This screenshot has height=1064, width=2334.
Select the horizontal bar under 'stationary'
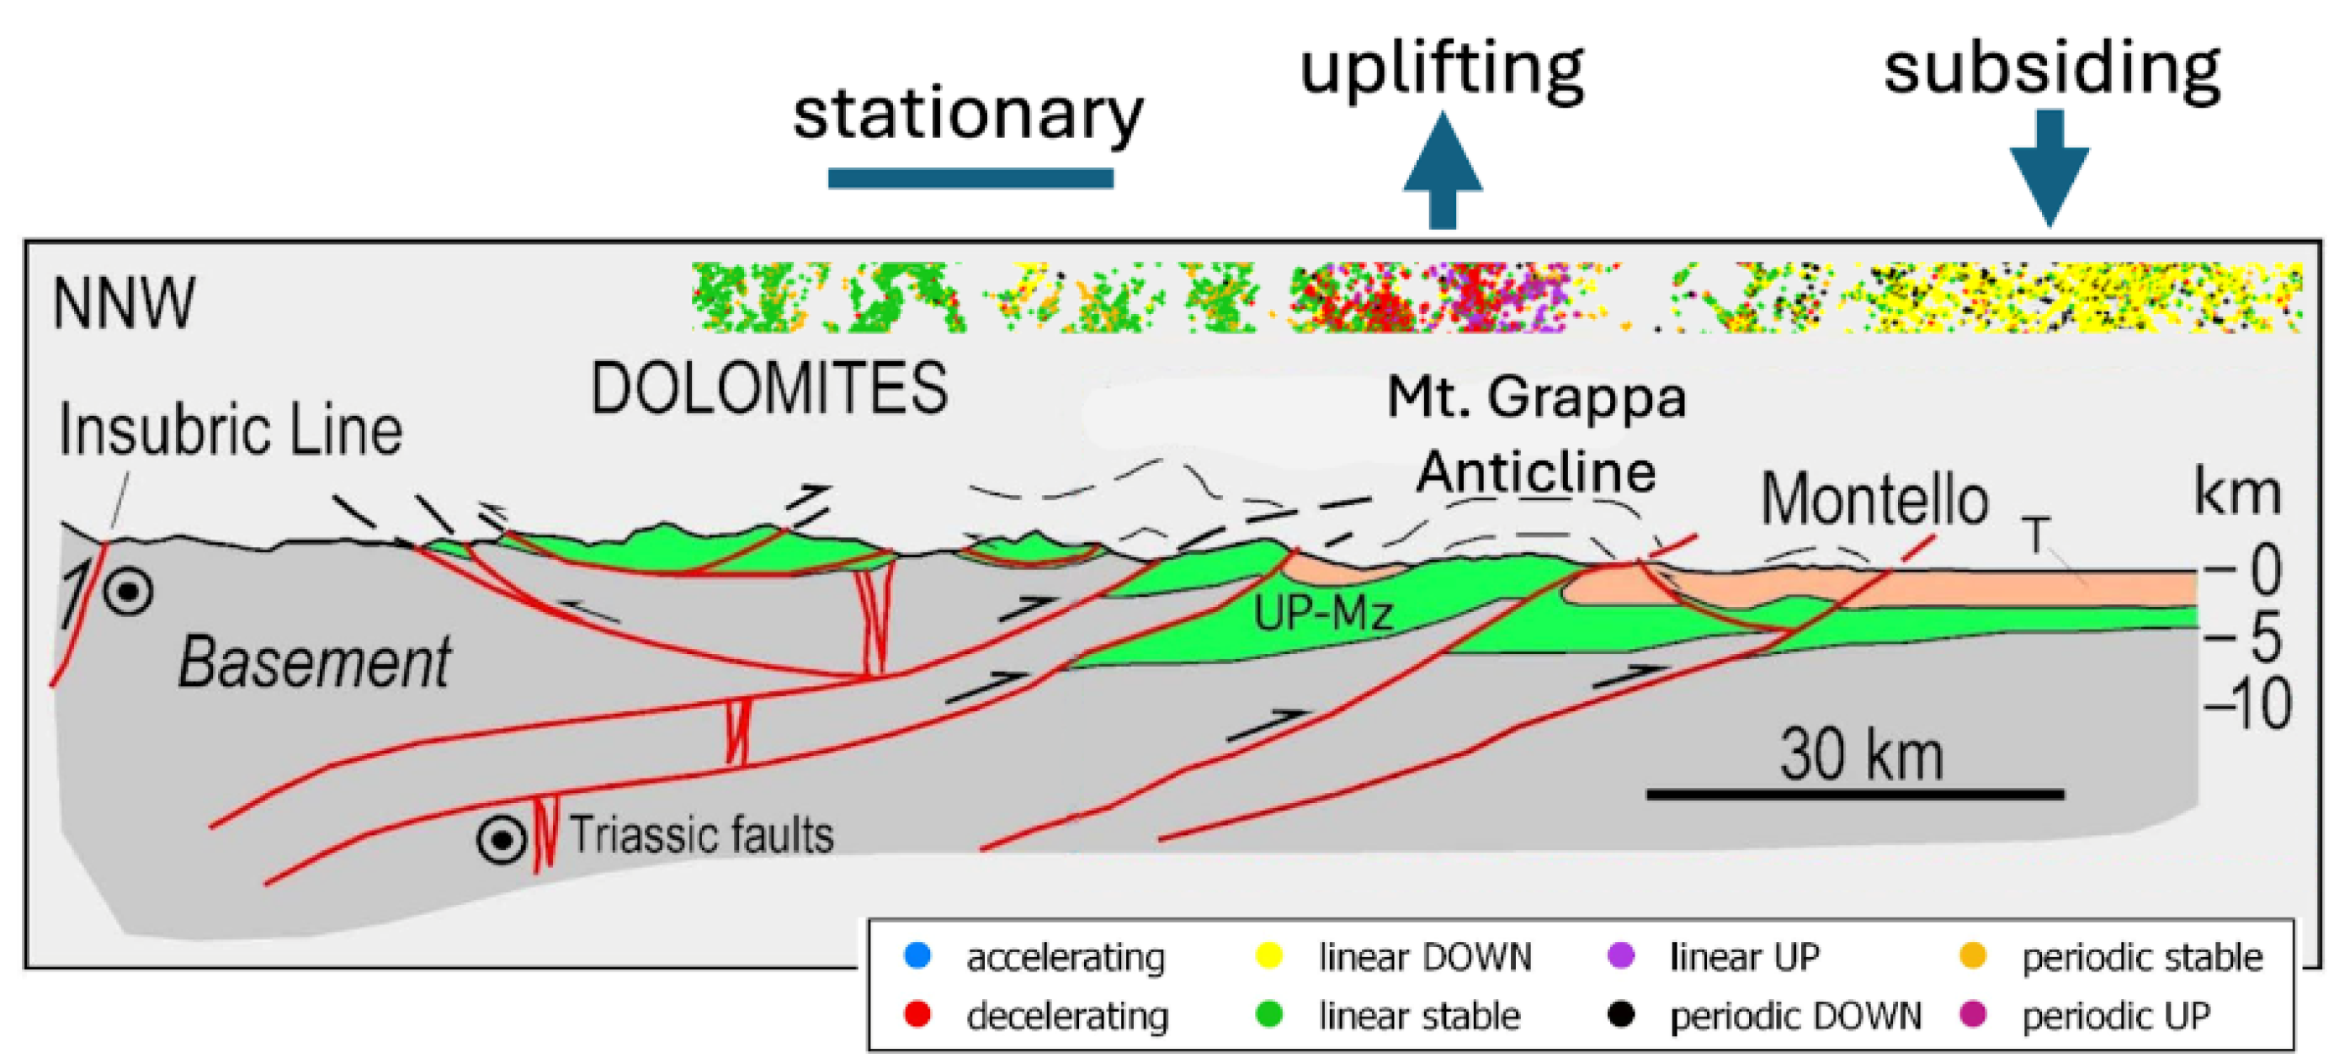970,178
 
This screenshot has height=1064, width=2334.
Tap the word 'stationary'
968,115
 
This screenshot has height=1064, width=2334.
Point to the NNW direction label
124,303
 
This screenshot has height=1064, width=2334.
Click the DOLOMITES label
769,389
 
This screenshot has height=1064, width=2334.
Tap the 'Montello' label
1874,499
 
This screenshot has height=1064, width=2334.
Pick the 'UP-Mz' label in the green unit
1323,614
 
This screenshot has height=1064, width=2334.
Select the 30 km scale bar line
1855,795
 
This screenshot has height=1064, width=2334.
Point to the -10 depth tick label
2248,705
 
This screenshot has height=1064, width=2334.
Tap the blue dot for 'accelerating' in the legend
917,956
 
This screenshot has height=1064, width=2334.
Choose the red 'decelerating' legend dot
917,1015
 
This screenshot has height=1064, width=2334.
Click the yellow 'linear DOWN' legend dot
1269,956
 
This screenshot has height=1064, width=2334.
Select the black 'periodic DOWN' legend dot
1620,1015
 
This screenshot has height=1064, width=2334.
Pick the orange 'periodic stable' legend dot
1972,956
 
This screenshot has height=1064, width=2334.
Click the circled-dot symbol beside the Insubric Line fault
128,592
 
